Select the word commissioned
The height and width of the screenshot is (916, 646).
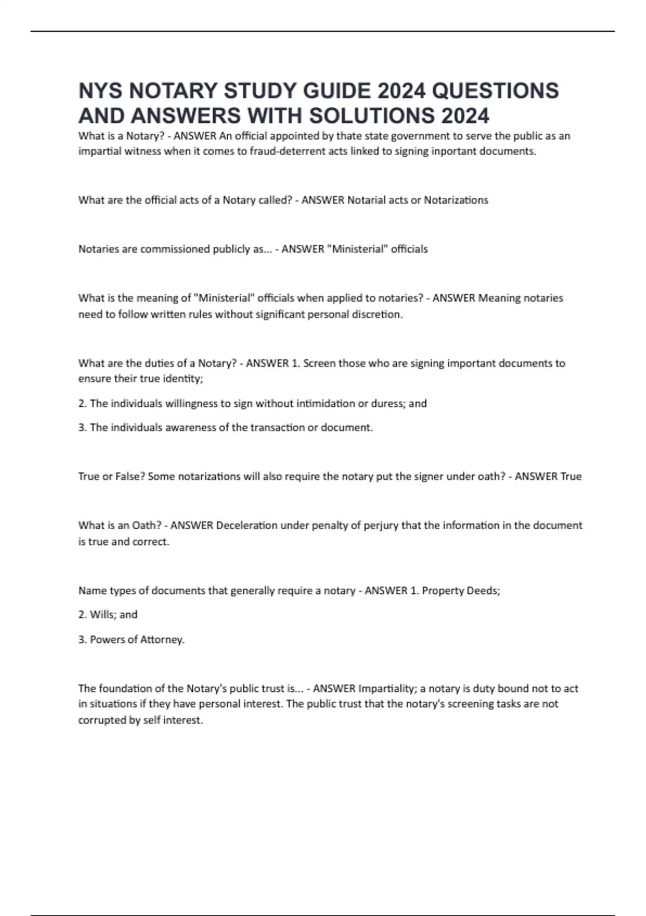[x=175, y=249]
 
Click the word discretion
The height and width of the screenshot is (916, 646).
[x=377, y=314]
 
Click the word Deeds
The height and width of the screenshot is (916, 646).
[x=484, y=591]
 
